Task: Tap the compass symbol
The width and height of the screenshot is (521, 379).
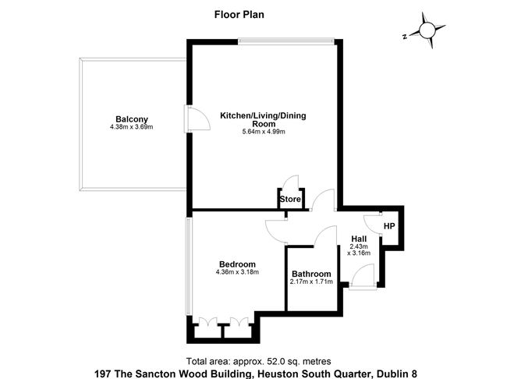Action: (427, 30)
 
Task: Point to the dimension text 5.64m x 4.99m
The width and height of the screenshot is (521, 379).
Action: (264, 132)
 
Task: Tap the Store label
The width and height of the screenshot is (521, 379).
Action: (290, 200)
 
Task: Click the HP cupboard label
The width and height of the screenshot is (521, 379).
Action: (390, 226)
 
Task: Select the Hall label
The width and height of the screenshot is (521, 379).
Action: (360, 239)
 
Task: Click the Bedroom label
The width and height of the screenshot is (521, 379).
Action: (237, 264)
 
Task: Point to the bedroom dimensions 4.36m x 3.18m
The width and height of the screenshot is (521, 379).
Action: (237, 272)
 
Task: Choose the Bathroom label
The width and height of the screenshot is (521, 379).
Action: (311, 274)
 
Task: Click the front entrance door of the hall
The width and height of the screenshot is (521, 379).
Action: (362, 275)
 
